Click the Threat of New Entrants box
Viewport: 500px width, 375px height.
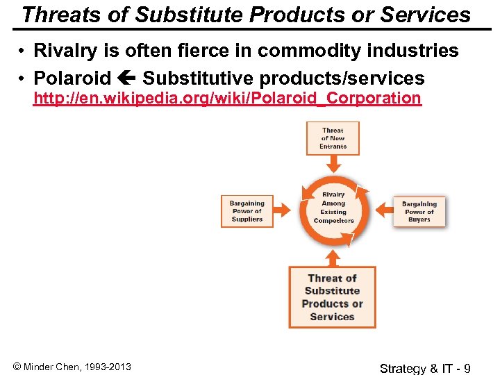coord(333,138)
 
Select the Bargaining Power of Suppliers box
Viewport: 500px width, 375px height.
coord(247,211)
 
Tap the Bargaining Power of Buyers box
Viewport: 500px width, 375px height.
coord(419,211)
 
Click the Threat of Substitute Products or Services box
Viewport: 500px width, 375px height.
coord(332,297)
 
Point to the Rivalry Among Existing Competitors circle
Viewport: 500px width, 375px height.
coord(333,208)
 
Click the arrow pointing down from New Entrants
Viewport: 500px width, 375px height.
coord(333,162)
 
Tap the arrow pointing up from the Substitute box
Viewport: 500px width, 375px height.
coord(333,257)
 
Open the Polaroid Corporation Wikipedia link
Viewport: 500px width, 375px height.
coord(227,98)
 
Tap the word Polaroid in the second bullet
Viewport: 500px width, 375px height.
coord(72,78)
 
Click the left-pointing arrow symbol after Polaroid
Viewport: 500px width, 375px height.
coord(126,78)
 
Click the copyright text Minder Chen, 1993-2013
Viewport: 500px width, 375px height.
coord(72,367)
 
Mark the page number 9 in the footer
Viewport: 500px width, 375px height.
coord(467,367)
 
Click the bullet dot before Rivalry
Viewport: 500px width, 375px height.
coord(23,51)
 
